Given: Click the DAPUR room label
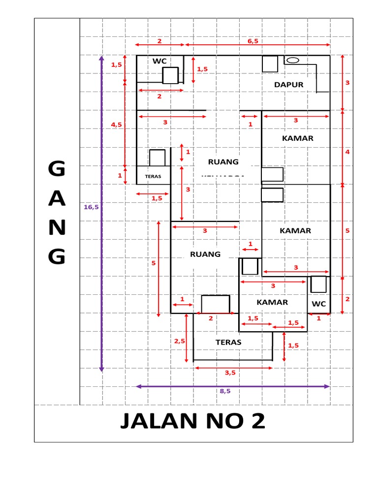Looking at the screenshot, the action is tap(288, 85).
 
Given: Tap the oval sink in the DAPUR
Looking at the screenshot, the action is tap(293, 60).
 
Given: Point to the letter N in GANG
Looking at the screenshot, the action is tap(57, 227).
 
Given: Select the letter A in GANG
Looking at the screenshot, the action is tap(57, 199).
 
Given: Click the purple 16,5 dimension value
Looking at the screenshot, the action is tap(91, 207).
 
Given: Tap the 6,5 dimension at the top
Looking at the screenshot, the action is tap(253, 41).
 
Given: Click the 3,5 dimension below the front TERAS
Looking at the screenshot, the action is tap(230, 373).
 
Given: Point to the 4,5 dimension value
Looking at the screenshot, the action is tap(116, 125).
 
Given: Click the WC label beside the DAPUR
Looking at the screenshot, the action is tap(159, 61).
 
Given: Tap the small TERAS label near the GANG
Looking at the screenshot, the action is tap(153, 175).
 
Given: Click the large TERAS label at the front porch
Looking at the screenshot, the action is tap(228, 341).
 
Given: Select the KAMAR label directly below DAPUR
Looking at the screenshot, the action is tap(297, 138).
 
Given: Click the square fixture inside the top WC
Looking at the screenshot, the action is tap(170, 76).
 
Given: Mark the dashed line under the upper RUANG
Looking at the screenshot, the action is tap(223, 175).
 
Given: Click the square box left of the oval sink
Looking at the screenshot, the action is tap(270, 64).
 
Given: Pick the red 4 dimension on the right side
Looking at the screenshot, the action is tap(347, 152).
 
